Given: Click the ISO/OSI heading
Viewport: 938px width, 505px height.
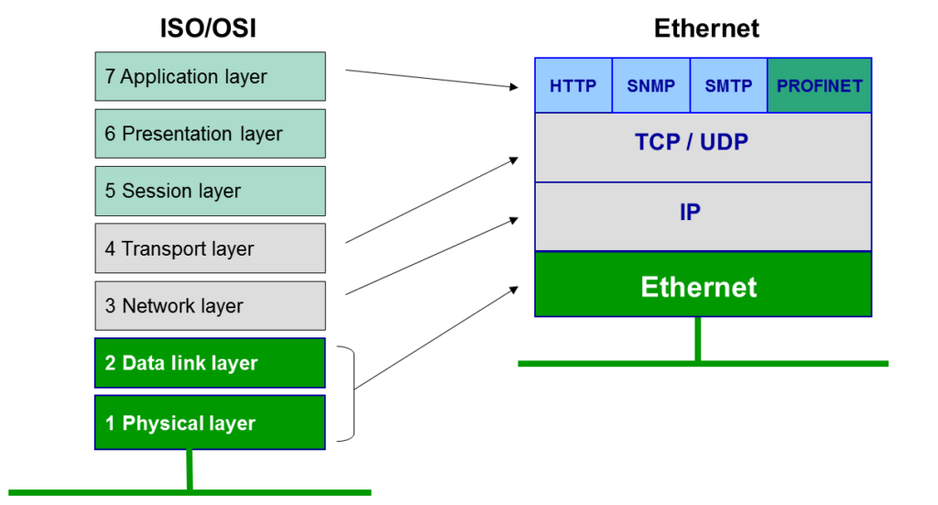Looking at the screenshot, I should point(209,28).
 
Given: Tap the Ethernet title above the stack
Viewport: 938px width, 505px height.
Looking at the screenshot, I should point(706,28).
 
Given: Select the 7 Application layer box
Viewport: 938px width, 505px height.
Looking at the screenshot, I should point(210,77).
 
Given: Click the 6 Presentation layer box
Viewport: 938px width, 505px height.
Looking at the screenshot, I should point(210,134).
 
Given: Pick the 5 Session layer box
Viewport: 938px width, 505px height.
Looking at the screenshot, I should point(210,191).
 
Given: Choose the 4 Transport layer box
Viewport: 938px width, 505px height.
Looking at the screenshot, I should point(210,248).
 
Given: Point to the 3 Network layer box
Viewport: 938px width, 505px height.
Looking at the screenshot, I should point(210,305).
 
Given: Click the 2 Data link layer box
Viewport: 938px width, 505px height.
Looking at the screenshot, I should point(210,363).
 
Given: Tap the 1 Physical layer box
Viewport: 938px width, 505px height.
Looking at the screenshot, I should point(210,423).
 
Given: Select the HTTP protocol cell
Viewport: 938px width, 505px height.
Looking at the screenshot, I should point(573,86).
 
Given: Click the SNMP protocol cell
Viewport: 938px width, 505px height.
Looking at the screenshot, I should point(650,86).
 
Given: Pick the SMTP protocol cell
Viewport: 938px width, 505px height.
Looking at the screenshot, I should point(728,86).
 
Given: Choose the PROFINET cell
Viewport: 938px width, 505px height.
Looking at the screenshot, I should point(819,86).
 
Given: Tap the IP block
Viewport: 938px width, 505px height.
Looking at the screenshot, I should point(703,215).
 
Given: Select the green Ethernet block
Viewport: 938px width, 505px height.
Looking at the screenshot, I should point(703,285).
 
